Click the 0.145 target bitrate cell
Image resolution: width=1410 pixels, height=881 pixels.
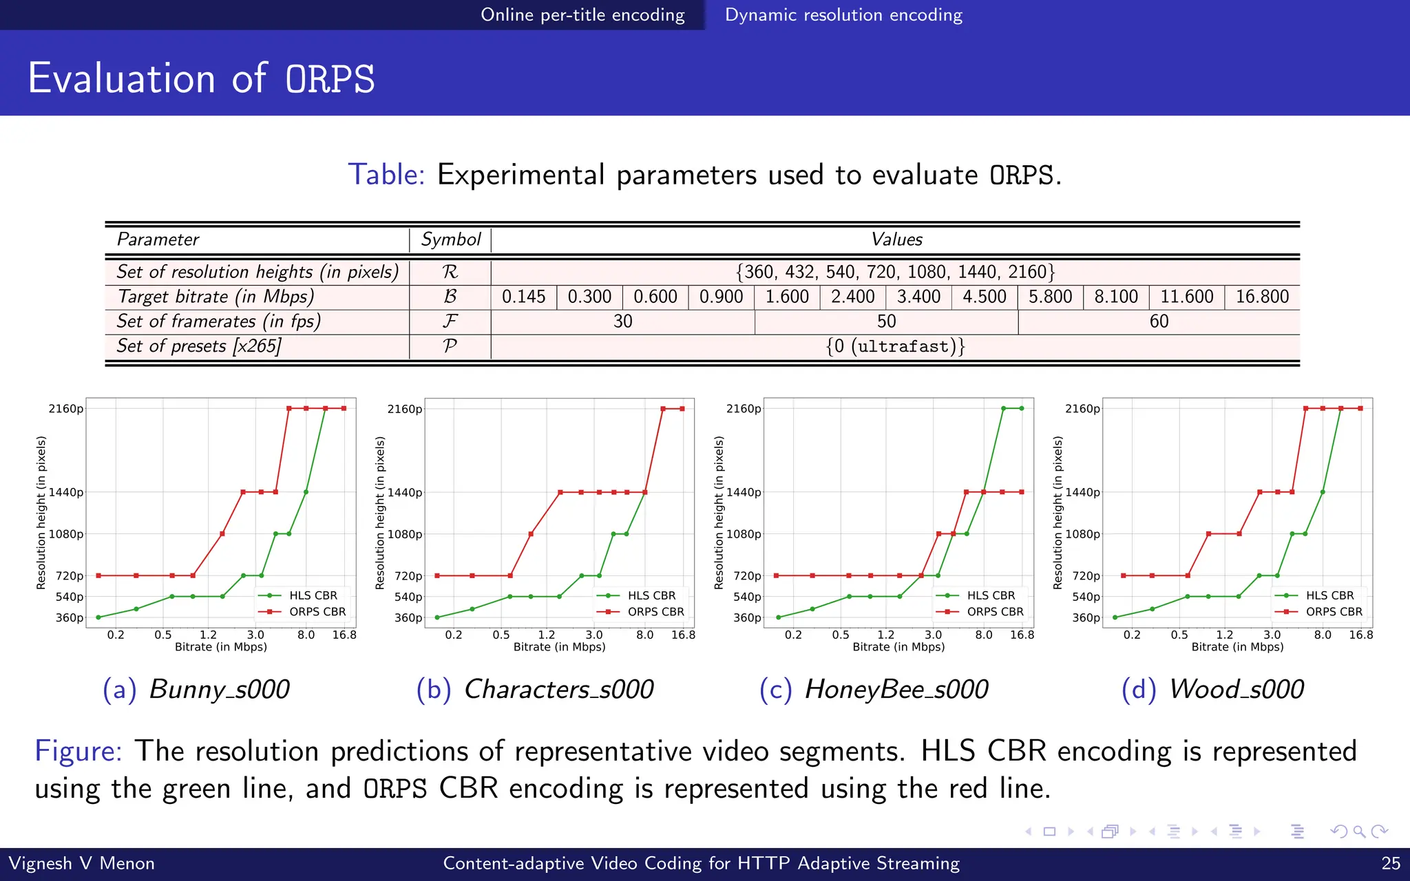(x=523, y=297)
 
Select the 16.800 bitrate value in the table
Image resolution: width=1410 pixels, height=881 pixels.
(x=1262, y=297)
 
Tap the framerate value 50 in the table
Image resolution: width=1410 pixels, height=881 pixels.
(x=886, y=321)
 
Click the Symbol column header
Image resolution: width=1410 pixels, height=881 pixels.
(x=450, y=240)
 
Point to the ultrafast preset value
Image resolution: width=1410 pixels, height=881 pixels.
(x=895, y=346)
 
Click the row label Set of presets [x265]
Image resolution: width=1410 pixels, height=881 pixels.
(x=199, y=346)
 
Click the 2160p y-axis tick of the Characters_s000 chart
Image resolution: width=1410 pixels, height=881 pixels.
(x=405, y=409)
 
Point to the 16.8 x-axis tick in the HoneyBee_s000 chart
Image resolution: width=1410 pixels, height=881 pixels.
(x=1022, y=635)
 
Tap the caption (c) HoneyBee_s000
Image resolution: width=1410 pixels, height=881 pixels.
(x=874, y=689)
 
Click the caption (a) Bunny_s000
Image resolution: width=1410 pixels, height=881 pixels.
(x=196, y=689)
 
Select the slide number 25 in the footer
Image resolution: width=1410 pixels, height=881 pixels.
(x=1391, y=863)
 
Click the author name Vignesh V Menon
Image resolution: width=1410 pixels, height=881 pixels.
(x=81, y=863)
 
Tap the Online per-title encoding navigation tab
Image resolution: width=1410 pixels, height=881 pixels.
(x=582, y=14)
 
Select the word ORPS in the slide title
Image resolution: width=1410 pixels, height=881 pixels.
(x=330, y=78)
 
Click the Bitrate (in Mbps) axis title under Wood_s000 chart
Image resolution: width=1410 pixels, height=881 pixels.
(x=1237, y=647)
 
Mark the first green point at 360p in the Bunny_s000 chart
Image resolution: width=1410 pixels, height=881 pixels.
(x=98, y=617)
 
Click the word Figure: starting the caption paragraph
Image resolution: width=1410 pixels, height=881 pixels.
(x=78, y=751)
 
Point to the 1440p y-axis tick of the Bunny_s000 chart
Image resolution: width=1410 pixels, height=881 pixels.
(x=66, y=492)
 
